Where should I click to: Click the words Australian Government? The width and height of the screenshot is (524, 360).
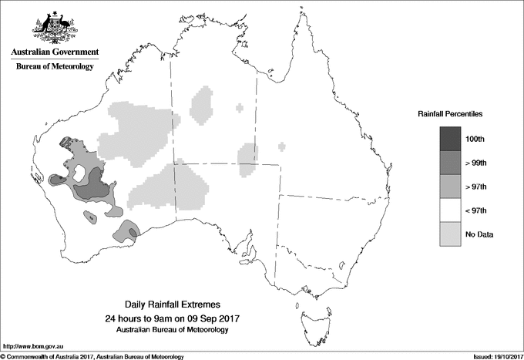54,52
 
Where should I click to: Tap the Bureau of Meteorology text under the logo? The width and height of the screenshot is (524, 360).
54,67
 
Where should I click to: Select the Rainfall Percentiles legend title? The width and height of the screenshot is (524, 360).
450,114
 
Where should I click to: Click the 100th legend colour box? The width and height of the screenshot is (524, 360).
450,138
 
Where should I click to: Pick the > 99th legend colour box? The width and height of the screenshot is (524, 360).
450,162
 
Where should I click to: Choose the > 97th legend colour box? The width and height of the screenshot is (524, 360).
450,186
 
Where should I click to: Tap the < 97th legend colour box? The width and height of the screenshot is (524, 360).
450,210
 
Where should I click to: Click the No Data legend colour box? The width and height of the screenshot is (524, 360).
450,234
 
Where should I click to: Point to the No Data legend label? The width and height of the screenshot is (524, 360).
479,234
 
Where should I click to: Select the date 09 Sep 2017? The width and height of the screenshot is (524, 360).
206,318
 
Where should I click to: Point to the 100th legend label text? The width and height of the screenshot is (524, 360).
475,138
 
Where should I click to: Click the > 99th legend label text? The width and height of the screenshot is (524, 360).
476,162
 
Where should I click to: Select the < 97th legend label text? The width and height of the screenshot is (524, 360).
476,210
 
